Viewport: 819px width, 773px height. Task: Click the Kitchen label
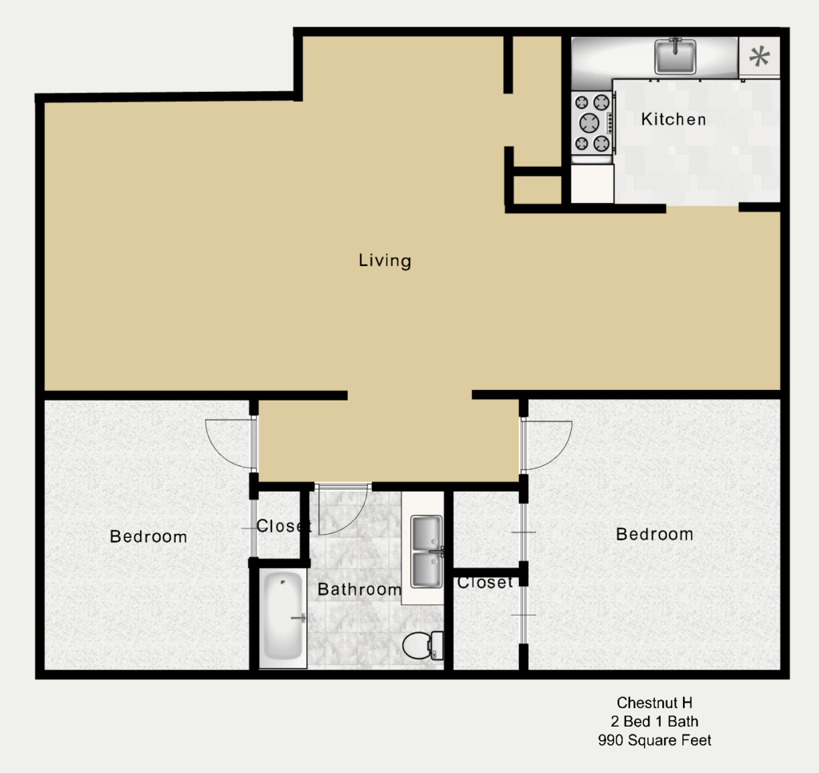pyautogui.click(x=673, y=120)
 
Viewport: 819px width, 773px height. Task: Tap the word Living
pyautogui.click(x=385, y=261)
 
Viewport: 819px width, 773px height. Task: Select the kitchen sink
pyautogui.click(x=675, y=57)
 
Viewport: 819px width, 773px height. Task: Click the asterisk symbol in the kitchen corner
pyautogui.click(x=760, y=57)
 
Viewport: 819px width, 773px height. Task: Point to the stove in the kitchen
pyautogui.click(x=593, y=123)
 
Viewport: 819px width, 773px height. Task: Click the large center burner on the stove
pyautogui.click(x=589, y=123)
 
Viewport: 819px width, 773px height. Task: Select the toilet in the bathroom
pyautogui.click(x=422, y=645)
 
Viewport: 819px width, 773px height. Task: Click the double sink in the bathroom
pyautogui.click(x=427, y=552)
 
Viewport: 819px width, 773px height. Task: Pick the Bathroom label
pyautogui.click(x=359, y=589)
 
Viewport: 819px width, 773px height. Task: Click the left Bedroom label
pyautogui.click(x=148, y=536)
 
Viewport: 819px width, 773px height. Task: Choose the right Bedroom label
pyautogui.click(x=654, y=534)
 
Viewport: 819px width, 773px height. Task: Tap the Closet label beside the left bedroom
pyautogui.click(x=282, y=526)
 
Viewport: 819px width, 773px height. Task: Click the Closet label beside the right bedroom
pyautogui.click(x=485, y=582)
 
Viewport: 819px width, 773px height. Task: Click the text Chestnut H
pyautogui.click(x=654, y=703)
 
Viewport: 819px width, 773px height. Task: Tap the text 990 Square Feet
pyautogui.click(x=654, y=740)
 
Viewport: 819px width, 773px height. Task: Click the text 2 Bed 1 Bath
pyautogui.click(x=654, y=721)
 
